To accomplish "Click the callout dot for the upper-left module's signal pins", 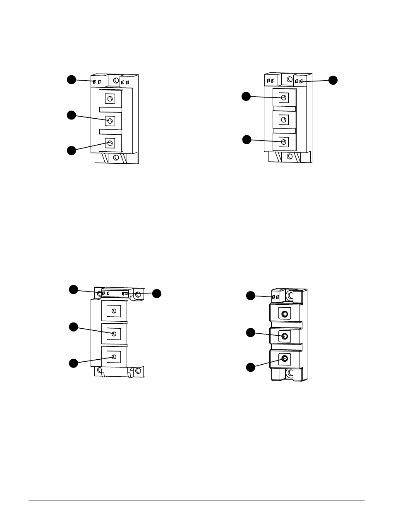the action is [x=72, y=80].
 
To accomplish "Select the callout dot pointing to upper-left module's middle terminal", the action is [x=72, y=115].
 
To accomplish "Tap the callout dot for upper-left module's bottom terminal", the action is [x=72, y=150].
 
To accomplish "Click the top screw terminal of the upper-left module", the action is [x=110, y=98].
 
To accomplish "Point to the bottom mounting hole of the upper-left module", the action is [x=116, y=158].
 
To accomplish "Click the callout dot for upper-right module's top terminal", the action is [x=246, y=96].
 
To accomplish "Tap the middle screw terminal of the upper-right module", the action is [x=284, y=120].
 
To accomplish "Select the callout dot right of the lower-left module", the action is [x=157, y=294].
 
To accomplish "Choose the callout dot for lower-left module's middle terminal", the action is [x=73, y=327].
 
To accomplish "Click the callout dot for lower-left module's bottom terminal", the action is [x=73, y=363].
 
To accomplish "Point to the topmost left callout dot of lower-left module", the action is [x=73, y=289].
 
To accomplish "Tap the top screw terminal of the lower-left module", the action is [x=113, y=311].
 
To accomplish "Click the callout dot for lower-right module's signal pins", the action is [x=251, y=295].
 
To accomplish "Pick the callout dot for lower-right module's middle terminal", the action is [x=251, y=332].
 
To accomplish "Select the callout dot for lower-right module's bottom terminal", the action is [x=251, y=367].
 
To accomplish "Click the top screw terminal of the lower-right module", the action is [x=285, y=314].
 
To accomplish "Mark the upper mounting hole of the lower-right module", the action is [x=290, y=296].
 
